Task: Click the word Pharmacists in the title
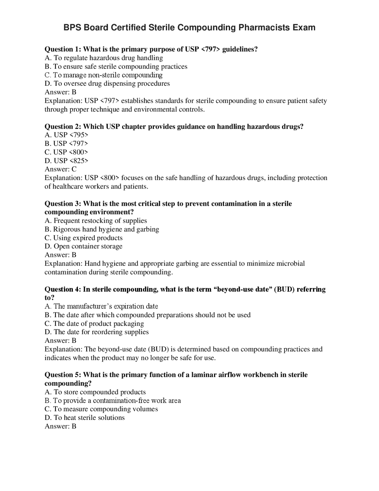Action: [x=264, y=28]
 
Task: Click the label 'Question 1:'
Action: [x=63, y=49]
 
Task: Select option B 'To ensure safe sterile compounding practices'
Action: [x=116, y=66]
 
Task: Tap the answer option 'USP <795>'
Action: [x=66, y=135]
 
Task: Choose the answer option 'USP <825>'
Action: [x=66, y=161]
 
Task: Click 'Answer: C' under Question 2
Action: [x=60, y=169]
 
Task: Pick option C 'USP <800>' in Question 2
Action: [x=66, y=152]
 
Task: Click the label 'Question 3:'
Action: [x=63, y=204]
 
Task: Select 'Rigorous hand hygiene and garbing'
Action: [x=102, y=229]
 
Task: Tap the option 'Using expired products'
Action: [x=83, y=238]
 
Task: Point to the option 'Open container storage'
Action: [x=83, y=246]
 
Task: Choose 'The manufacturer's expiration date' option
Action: [x=101, y=306]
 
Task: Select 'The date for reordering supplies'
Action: [x=97, y=332]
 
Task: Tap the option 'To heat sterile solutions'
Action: [x=85, y=418]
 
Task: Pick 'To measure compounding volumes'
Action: [x=101, y=409]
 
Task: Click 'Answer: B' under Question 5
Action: [x=60, y=426]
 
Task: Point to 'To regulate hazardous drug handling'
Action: [x=104, y=58]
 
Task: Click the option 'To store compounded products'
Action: [x=95, y=392]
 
